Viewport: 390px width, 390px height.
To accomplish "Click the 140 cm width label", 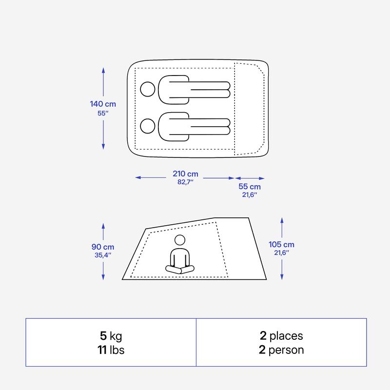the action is point(103,104).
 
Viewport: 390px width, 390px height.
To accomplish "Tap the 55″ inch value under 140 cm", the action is point(103,113).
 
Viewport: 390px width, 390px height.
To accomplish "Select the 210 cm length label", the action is point(185,174).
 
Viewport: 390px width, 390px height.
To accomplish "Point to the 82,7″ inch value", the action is point(185,182).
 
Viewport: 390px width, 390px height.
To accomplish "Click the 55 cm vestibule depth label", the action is point(250,187).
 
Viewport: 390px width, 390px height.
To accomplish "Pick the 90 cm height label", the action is point(103,247).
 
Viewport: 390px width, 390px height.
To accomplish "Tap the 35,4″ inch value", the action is point(103,255).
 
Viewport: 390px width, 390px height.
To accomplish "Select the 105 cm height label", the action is point(281,245).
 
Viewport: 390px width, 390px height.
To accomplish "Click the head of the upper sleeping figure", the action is point(148,89).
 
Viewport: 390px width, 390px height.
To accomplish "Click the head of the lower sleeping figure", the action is point(148,126).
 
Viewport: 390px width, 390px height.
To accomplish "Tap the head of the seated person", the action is point(180,240).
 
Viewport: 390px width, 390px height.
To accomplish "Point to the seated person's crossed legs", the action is point(180,270).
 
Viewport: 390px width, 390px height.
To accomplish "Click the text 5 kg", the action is point(111,336).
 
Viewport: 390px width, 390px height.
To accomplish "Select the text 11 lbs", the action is point(111,350).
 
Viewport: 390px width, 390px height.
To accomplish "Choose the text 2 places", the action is point(281,336).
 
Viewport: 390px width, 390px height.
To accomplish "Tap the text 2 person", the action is point(281,350).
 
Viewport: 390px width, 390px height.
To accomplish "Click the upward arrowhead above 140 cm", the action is point(103,70).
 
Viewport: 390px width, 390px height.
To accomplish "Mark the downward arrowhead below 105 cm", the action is point(282,277).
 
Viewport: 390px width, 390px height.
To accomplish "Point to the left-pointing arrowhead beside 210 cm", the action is point(138,177).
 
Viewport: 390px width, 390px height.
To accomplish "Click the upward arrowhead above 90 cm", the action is point(103,226).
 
